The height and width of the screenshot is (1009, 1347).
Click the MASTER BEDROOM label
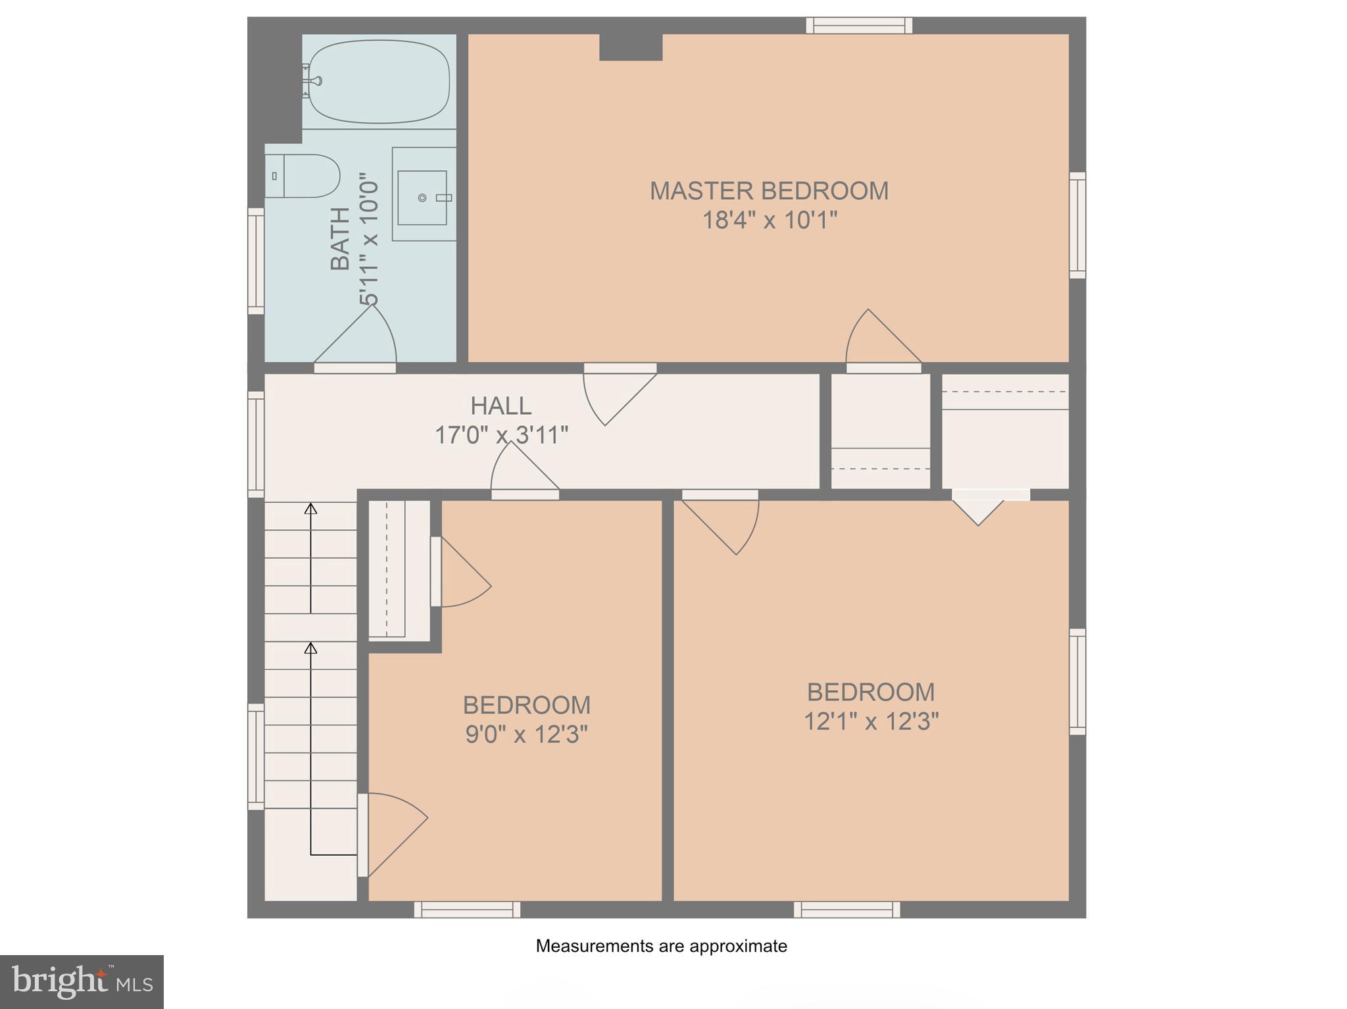point(769,191)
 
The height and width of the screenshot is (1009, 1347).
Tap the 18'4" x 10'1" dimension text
point(770,220)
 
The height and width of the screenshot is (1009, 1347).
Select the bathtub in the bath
point(380,82)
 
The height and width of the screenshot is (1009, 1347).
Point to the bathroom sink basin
point(422,198)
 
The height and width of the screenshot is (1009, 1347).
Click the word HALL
point(501,406)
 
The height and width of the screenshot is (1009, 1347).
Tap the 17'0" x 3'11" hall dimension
point(501,435)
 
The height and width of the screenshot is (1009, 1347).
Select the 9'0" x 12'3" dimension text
point(526,734)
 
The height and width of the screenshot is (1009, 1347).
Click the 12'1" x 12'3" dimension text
point(871,722)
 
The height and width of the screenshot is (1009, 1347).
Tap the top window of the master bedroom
point(859,26)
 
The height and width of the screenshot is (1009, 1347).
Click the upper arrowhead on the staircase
point(310,508)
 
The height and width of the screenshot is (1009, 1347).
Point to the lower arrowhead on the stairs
point(310,648)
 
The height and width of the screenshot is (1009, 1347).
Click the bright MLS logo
point(82,981)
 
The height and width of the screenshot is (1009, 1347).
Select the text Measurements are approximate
point(661,946)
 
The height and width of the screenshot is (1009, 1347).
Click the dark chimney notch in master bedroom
point(630,47)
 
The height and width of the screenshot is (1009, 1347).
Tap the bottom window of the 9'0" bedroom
point(467,910)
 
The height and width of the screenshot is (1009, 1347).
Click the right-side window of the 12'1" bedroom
point(1077,682)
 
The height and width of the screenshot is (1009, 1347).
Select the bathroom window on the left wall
point(256,261)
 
